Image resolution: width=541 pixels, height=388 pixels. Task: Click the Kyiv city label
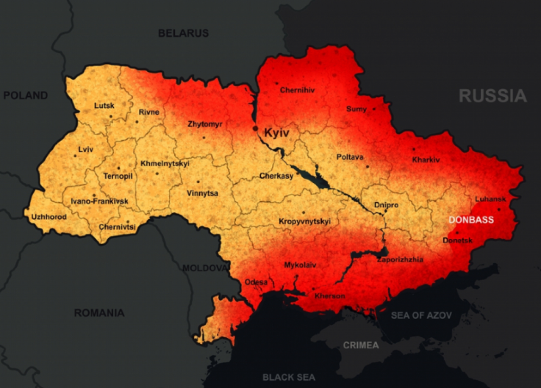point(277,133)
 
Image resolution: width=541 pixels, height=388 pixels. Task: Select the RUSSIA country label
point(493,96)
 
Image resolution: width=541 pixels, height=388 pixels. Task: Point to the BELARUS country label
point(184,33)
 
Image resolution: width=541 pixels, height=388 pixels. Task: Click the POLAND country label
point(25,96)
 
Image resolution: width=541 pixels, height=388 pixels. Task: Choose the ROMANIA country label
point(99,313)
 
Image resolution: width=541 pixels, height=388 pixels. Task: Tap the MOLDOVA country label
point(206,268)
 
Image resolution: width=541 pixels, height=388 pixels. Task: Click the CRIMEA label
point(361,345)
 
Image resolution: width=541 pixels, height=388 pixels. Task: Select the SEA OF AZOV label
point(421,315)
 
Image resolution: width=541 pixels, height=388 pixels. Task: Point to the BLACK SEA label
point(289,377)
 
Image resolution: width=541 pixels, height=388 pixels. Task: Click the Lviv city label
point(86,149)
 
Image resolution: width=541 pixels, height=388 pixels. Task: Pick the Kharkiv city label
point(426,159)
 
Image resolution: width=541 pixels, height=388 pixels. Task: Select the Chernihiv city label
point(297,90)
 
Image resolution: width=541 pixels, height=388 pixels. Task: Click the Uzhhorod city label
point(49,217)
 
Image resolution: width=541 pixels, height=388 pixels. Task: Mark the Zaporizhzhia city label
point(400,259)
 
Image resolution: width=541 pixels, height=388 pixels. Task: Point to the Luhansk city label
point(490,199)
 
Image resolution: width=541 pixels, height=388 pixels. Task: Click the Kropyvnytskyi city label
point(304,221)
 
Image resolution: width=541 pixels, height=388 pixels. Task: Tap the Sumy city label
point(357,109)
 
